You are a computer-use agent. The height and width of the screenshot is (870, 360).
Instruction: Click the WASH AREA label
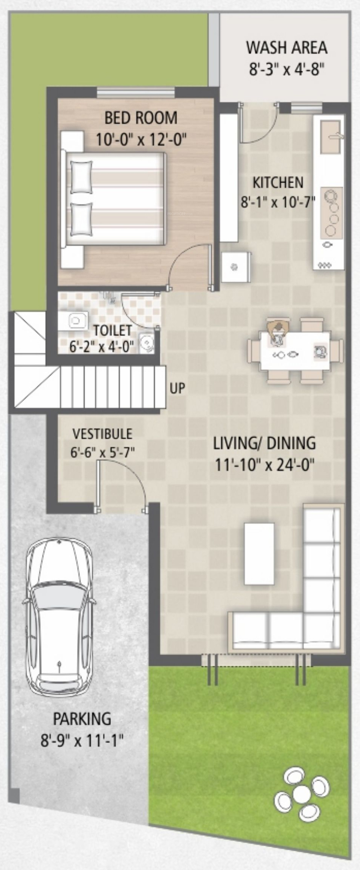(287, 48)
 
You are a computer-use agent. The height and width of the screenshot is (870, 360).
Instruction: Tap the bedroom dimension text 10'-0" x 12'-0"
(141, 139)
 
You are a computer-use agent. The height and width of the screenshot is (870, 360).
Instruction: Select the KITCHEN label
(278, 182)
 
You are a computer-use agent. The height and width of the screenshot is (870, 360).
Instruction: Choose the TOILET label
(112, 330)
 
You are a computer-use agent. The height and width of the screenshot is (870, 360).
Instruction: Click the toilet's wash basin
(147, 343)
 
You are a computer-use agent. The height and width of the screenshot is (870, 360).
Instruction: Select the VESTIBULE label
(103, 434)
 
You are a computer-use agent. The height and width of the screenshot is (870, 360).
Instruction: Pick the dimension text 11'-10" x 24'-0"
(265, 465)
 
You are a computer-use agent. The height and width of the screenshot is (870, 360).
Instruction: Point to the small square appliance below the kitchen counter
(236, 267)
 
